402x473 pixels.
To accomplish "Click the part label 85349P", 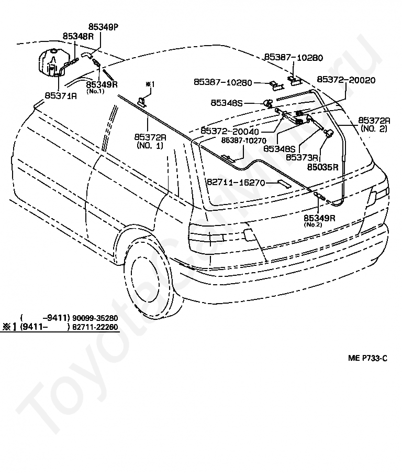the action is pyautogui.click(x=104, y=27).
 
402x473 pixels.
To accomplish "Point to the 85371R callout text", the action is pyautogui.click(x=61, y=95).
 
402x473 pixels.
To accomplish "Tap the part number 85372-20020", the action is pyautogui.click(x=346, y=80).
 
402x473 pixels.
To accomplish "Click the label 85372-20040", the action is pyautogui.click(x=230, y=131).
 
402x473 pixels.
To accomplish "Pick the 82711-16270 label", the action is pyautogui.click(x=236, y=182).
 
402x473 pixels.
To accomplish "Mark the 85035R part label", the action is pyautogui.click(x=323, y=167).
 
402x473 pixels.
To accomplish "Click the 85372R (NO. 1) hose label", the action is pyautogui.click(x=150, y=141).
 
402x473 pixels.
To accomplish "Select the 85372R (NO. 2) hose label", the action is pyautogui.click(x=374, y=124).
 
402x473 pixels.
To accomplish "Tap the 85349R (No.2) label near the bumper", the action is pyautogui.click(x=319, y=221).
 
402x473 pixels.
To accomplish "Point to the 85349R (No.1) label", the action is pyautogui.click(x=102, y=87).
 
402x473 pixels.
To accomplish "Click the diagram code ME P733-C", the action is pyautogui.click(x=367, y=358).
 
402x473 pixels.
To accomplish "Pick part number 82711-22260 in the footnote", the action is pyautogui.click(x=95, y=327).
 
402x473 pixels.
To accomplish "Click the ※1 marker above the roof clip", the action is pyautogui.click(x=150, y=84).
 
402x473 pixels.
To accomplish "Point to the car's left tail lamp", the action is pyautogui.click(x=207, y=235).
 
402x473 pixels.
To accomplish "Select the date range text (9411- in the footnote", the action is pyautogui.click(x=33, y=327).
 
